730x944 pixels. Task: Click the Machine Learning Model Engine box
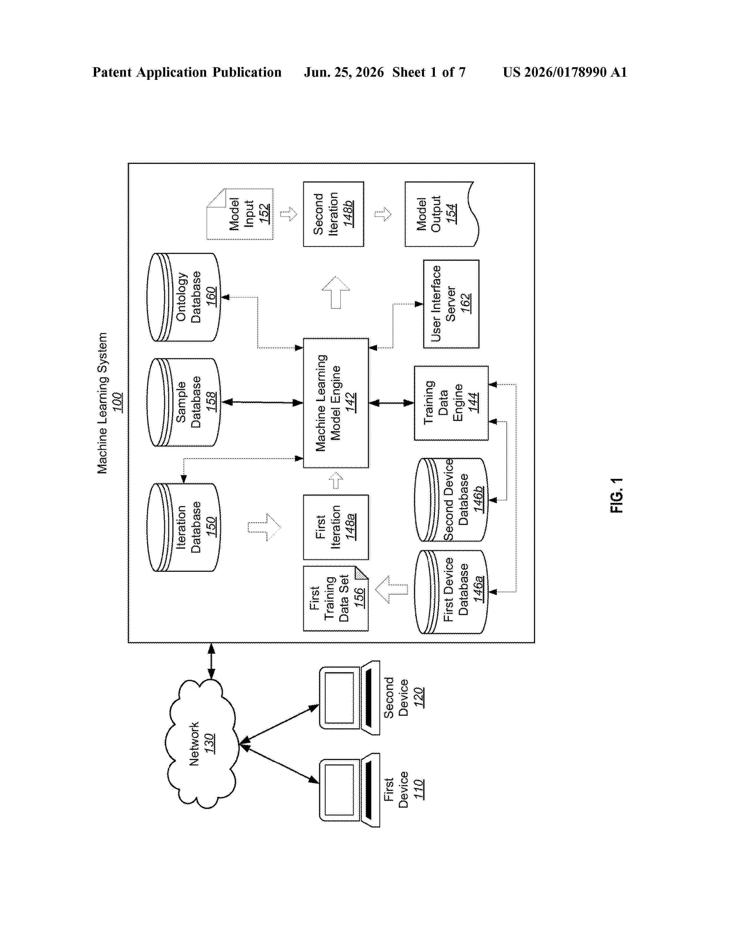(x=336, y=403)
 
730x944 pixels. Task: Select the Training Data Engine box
(x=451, y=403)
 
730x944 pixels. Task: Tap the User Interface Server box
(x=451, y=304)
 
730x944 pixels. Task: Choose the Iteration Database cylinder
(x=184, y=527)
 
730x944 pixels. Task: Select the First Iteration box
(x=336, y=527)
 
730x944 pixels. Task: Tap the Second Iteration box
(x=334, y=214)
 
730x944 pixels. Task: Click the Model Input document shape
(x=240, y=214)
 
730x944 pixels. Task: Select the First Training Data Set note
(x=336, y=599)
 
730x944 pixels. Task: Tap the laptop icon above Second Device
(x=350, y=698)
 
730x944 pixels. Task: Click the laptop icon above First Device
(x=350, y=790)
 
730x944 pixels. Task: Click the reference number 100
(x=117, y=402)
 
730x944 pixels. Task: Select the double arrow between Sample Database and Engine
(x=262, y=402)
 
